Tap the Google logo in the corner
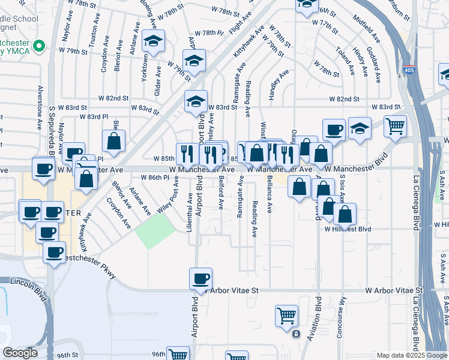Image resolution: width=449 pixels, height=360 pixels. [x=20, y=353]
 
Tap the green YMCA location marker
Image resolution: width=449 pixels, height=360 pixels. [x=40, y=46]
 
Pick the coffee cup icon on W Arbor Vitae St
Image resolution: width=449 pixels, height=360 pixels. [x=201, y=278]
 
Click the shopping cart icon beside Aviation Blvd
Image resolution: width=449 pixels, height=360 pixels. [x=287, y=316]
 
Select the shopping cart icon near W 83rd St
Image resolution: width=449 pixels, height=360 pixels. [x=396, y=126]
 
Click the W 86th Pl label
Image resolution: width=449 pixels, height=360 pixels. [x=154, y=178]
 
